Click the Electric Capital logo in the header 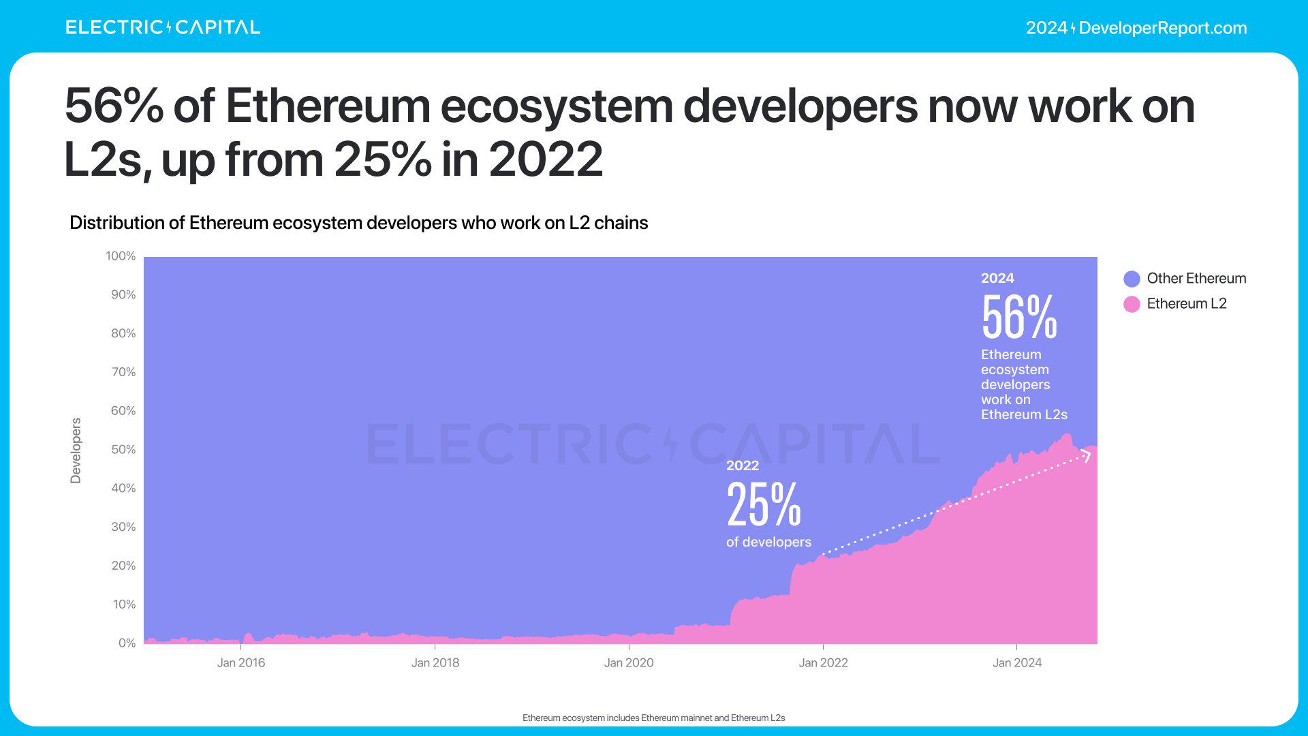(x=163, y=27)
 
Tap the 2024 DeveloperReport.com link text (x=1136, y=28)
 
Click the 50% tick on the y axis (x=123, y=450)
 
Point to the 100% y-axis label (x=121, y=256)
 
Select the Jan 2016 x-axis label (x=241, y=663)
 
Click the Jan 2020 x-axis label (x=629, y=663)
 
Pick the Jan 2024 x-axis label (x=1017, y=663)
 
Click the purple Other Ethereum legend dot (x=1132, y=279)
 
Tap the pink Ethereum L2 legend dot (x=1132, y=304)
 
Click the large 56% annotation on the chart (x=1019, y=317)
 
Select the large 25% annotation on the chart (x=764, y=504)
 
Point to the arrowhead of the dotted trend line (x=1087, y=455)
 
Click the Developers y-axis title (x=76, y=450)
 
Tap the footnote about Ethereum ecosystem (x=653, y=718)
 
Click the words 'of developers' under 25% (x=768, y=542)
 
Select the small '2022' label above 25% (x=743, y=465)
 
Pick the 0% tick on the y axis (x=127, y=643)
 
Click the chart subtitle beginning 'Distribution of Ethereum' (x=358, y=223)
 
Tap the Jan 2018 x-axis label (x=435, y=663)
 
